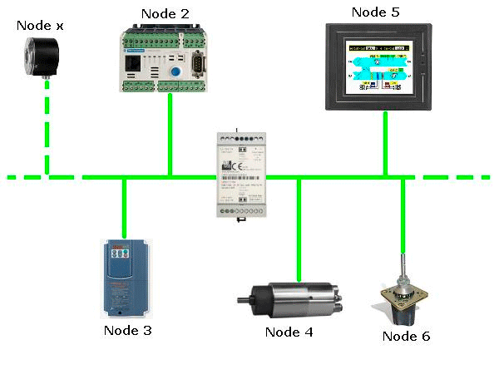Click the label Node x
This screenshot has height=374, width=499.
(42, 26)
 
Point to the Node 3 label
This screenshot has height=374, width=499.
(127, 330)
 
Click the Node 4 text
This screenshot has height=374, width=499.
(289, 332)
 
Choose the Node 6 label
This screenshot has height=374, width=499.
(406, 336)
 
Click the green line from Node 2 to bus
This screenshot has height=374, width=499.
(170, 133)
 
